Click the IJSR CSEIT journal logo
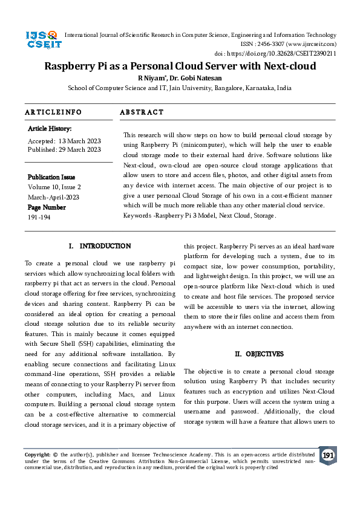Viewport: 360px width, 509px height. pyautogui.click(x=41, y=40)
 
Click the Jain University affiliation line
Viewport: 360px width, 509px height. pyautogui.click(x=180, y=88)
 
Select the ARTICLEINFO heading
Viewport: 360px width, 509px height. pyautogui.click(x=53, y=112)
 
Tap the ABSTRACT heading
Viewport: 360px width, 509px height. pyautogui.click(x=142, y=112)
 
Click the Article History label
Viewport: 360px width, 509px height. pyautogui.click(x=50, y=129)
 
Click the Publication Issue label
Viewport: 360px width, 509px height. pyautogui.click(x=51, y=177)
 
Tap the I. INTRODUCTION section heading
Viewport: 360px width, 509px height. pyautogui.click(x=100, y=246)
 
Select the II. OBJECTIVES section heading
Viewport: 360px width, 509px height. pyautogui.click(x=259, y=354)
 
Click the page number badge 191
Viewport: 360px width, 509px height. pyautogui.click(x=328, y=455)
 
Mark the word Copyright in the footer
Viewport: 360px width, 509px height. pyautogui.click(x=37, y=454)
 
